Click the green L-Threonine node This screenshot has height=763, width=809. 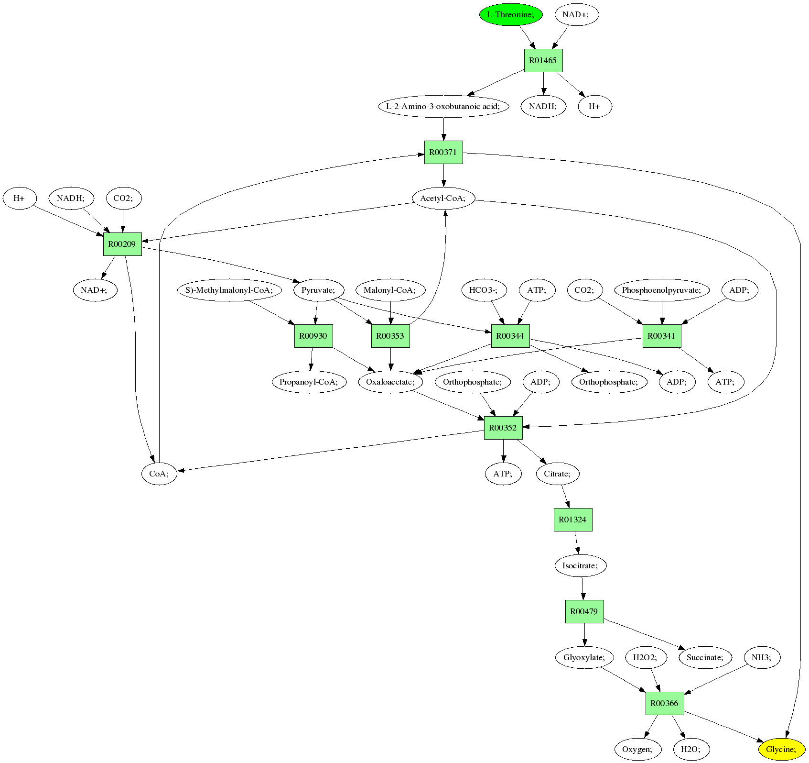pos(511,14)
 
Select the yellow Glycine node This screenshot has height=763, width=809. pos(781,749)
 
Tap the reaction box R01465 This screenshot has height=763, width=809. pos(543,60)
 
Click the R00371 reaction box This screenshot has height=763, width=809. pos(443,152)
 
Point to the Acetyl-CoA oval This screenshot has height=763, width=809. pos(443,198)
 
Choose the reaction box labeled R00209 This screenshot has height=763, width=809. pos(122,244)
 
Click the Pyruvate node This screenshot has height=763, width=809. pos(319,290)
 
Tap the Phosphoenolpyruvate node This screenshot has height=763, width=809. pos(662,290)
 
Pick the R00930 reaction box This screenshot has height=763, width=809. pos(313,336)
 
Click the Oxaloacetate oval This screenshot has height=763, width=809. pos(391,382)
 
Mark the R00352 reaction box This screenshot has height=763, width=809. pos(503,428)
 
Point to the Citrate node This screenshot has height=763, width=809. pos(558,474)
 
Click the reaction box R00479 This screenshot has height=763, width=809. pos(584,611)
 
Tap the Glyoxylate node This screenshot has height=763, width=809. pos(584,657)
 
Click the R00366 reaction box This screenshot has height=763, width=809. pos(664,703)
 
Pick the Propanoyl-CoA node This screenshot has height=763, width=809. pos(309,382)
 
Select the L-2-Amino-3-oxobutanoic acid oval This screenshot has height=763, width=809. pos(443,106)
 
